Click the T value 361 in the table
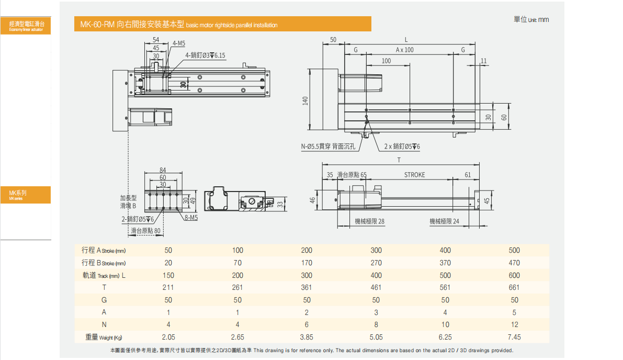(307, 287)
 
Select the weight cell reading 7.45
(514, 337)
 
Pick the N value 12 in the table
(514, 324)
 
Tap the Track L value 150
(168, 275)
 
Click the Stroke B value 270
(376, 263)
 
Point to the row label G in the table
(104, 300)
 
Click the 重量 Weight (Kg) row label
(105, 337)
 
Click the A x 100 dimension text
(404, 50)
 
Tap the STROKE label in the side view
(414, 175)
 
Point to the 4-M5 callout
(178, 43)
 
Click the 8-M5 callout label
(191, 218)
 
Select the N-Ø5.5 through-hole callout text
(328, 147)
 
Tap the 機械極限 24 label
(444, 221)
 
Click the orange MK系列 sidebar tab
(26, 195)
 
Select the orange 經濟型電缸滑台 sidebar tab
(26, 25)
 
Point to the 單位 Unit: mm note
(531, 19)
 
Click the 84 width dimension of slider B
(163, 170)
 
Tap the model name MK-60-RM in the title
(97, 25)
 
